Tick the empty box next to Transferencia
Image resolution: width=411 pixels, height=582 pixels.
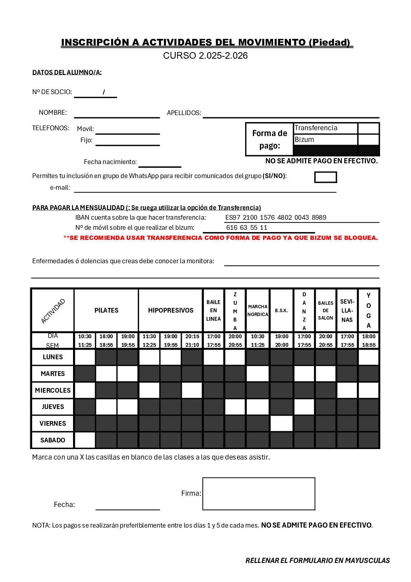click(368, 128)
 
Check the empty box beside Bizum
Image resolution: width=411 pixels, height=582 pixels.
click(368, 140)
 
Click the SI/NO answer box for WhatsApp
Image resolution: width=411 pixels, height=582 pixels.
click(326, 177)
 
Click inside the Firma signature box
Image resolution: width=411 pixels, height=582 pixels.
click(259, 494)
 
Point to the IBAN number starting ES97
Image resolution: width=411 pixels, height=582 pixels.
click(276, 217)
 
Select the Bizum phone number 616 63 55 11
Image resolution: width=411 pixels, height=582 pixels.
click(247, 227)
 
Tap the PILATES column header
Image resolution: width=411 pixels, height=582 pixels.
click(106, 310)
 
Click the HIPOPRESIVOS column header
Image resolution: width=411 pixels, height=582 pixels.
click(171, 310)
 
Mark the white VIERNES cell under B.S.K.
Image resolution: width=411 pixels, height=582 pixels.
click(282, 423)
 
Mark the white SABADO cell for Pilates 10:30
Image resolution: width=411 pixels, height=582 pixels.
click(85, 440)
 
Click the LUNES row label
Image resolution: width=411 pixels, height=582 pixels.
click(53, 357)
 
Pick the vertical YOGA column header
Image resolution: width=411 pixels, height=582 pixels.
click(369, 310)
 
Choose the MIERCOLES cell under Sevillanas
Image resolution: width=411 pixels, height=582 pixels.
click(347, 390)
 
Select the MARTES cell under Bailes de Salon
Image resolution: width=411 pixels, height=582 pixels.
click(326, 374)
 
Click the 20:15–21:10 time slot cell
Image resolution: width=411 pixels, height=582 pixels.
click(192, 341)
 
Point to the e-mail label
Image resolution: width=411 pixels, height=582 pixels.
click(60, 187)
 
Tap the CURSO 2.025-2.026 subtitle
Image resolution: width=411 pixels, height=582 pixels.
click(205, 56)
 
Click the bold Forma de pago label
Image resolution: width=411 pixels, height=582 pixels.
click(270, 139)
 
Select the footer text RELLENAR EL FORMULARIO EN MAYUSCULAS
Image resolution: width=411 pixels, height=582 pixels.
click(317, 560)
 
